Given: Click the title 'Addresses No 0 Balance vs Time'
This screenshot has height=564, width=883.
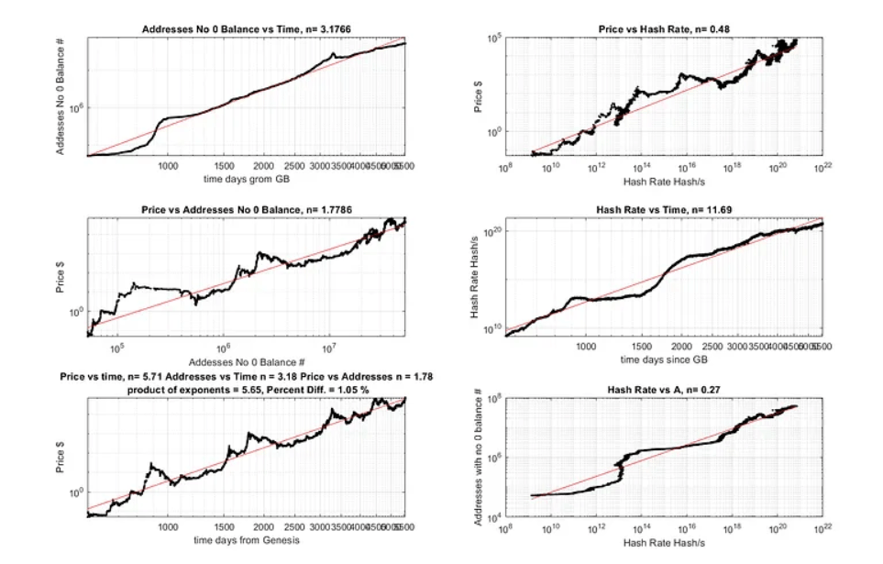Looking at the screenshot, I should click(246, 30).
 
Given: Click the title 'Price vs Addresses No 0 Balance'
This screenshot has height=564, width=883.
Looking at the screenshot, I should click(246, 210).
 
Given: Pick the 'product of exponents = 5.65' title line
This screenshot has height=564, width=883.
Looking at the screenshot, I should click(246, 389).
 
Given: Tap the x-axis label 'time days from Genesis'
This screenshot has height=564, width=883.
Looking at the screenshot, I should click(246, 539).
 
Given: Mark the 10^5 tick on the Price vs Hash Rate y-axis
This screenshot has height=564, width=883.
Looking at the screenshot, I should click(492, 39).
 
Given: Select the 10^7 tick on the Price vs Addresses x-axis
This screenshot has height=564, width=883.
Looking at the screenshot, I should click(329, 348).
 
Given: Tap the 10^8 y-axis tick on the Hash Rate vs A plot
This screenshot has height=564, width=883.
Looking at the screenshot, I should click(492, 400).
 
